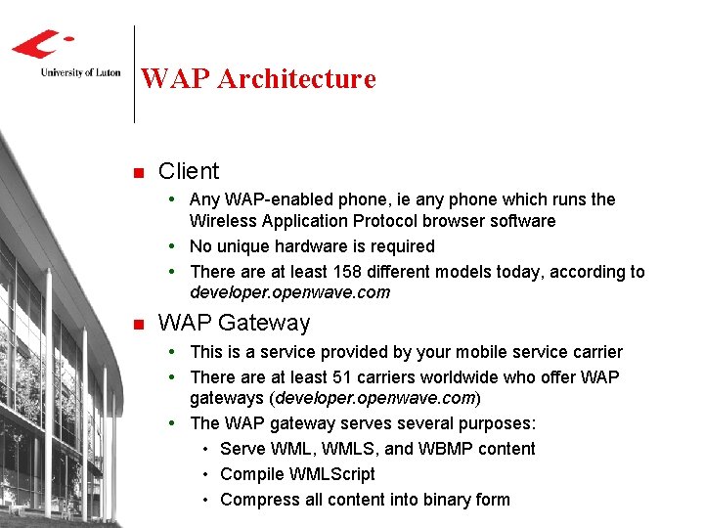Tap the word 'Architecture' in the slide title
click(x=296, y=78)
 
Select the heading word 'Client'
click(x=189, y=171)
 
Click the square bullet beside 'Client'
click(x=138, y=173)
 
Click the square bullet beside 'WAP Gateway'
click(x=138, y=325)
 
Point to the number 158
click(x=349, y=272)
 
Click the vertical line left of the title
click(x=134, y=74)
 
